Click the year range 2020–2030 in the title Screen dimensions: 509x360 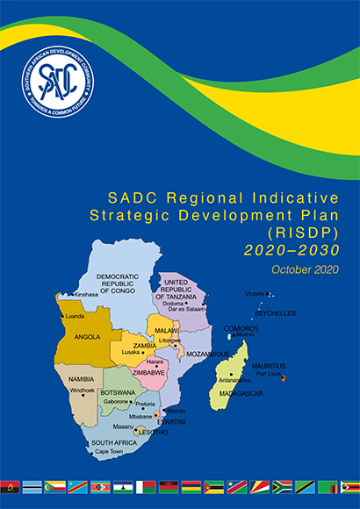(x=291, y=249)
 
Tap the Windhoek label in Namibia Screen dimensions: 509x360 (x=82, y=390)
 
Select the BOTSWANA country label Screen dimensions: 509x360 (x=119, y=392)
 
